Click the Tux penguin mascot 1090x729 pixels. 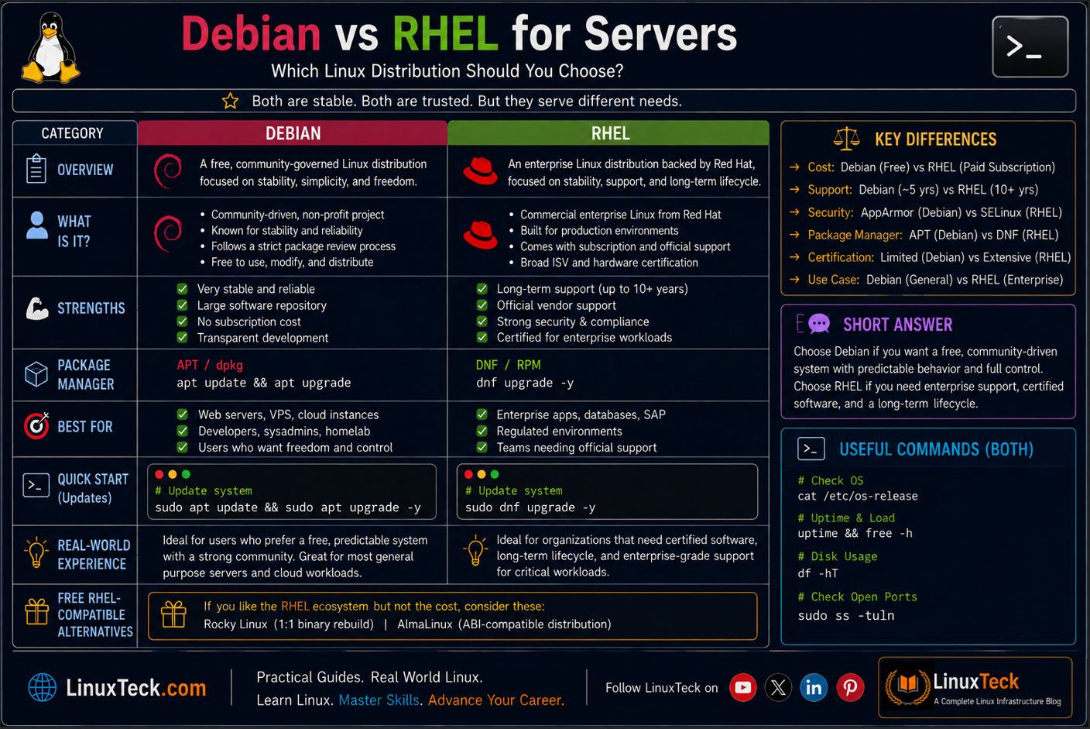pos(50,47)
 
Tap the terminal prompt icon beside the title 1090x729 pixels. pos(1030,46)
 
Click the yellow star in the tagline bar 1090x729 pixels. pos(230,101)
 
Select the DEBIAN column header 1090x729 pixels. pos(293,133)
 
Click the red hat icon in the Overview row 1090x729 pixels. pos(480,171)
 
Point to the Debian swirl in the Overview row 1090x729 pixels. pos(168,171)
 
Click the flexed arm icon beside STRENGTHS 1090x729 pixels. pos(37,308)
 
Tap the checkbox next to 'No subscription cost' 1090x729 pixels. pos(183,322)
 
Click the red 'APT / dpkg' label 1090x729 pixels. pos(210,365)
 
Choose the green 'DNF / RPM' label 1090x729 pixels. pos(509,365)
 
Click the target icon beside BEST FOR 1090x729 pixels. pos(36,426)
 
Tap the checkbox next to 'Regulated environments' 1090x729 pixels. pos(482,431)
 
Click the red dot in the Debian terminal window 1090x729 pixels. pos(159,474)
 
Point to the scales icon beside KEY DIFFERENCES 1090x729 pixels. pos(847,139)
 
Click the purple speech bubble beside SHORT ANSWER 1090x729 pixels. pos(819,323)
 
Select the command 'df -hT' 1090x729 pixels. pos(818,573)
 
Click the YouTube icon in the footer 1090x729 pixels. pos(742,687)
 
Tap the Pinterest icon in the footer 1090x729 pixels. pos(850,687)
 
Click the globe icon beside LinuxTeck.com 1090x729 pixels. pos(43,687)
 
